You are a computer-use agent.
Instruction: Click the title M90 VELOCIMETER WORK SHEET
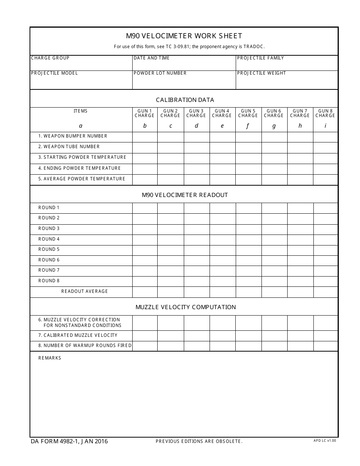pyautogui.click(x=184, y=36)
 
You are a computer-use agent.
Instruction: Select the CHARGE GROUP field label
pyautogui.click(x=50, y=58)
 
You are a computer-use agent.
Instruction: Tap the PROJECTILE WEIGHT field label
pyautogui.click(x=261, y=73)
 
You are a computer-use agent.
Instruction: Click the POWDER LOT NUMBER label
pyautogui.click(x=160, y=73)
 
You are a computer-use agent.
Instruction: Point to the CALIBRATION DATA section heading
pyautogui.click(x=185, y=100)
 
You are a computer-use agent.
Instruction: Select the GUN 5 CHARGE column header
pyautogui.click(x=248, y=113)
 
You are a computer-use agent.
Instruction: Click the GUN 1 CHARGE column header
pyautogui.click(x=144, y=113)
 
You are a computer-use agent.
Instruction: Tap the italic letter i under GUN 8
pyautogui.click(x=325, y=126)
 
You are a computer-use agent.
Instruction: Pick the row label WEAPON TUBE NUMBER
pyautogui.click(x=69, y=147)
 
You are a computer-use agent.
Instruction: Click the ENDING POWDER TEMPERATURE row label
pyautogui.click(x=80, y=168)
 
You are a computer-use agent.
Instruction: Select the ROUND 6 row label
pyautogui.click(x=49, y=260)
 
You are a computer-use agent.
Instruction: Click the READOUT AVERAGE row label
pyautogui.click(x=85, y=291)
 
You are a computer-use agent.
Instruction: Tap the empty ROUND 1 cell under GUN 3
pyautogui.click(x=196, y=208)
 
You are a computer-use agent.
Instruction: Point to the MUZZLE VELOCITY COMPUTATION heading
pyautogui.click(x=186, y=307)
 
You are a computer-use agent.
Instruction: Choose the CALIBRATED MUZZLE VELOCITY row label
pyautogui.click(x=78, y=335)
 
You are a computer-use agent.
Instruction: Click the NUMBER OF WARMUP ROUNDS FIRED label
pyautogui.click(x=85, y=346)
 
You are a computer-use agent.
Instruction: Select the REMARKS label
pyautogui.click(x=50, y=358)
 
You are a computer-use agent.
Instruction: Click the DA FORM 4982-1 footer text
pyautogui.click(x=69, y=441)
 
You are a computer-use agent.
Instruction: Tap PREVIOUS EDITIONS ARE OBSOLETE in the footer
pyautogui.click(x=199, y=441)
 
